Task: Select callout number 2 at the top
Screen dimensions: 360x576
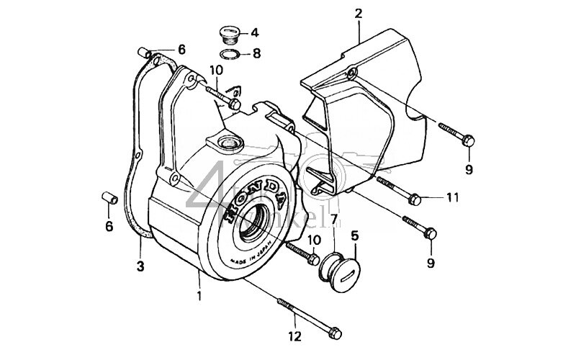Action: pyautogui.click(x=359, y=12)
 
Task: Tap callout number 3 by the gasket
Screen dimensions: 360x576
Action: pyautogui.click(x=140, y=266)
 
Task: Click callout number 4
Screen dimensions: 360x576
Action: pyautogui.click(x=255, y=33)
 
